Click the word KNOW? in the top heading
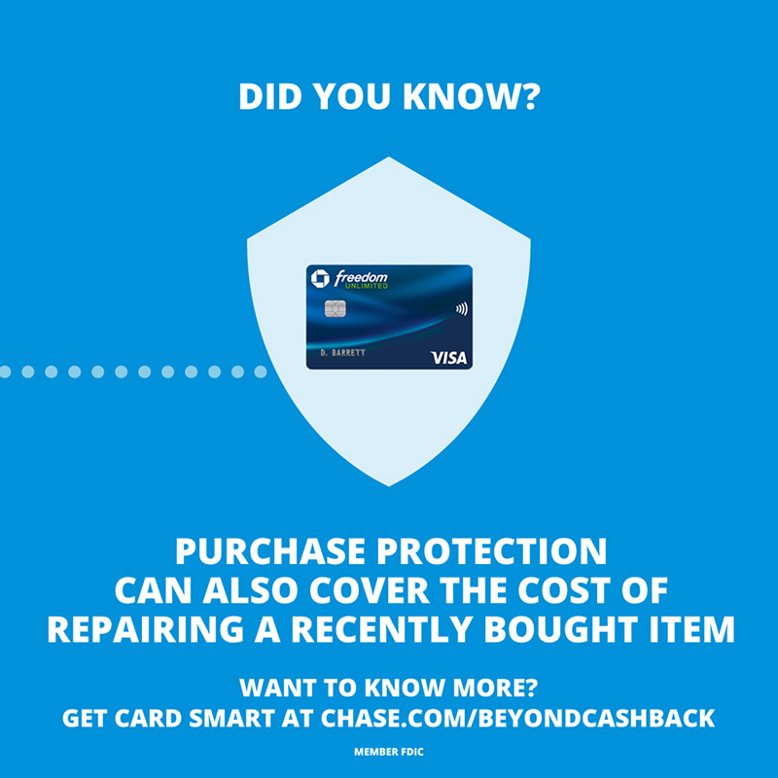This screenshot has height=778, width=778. pos(472,96)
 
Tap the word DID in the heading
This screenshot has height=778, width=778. pos(270,96)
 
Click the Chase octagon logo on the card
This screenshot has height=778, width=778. pos(320,278)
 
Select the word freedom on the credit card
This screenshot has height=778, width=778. pos(361,277)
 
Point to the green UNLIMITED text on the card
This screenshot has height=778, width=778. pos(367,286)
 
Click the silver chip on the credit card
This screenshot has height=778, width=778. pos(335,308)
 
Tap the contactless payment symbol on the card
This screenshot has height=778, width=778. pos(461,309)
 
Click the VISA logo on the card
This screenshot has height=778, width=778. pos(448,358)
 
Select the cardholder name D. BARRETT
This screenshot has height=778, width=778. pos(343,353)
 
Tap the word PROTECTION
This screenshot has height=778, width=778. pos(492,551)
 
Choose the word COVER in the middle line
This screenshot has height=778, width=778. pos(370,590)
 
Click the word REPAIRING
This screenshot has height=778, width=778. pos(145,629)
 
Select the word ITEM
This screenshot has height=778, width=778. pos(690,629)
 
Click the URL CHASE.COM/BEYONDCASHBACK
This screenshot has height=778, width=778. pos(518,718)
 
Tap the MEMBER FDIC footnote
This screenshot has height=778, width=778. pos(389,752)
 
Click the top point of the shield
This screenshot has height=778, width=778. pos(389,158)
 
